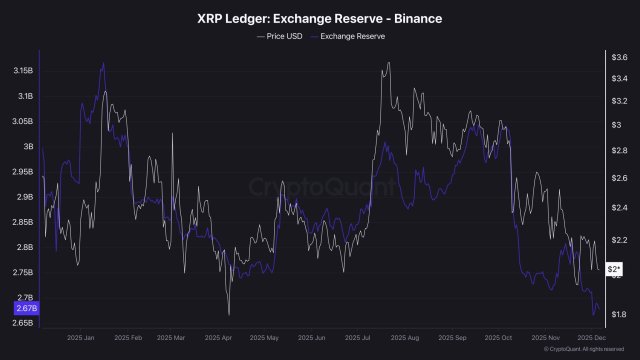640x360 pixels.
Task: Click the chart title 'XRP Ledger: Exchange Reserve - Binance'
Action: pyautogui.click(x=320, y=17)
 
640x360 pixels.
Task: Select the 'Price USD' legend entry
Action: pyautogui.click(x=282, y=35)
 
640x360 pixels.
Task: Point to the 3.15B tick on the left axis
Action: pyautogui.click(x=22, y=71)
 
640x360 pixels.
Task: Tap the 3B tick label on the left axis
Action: pyautogui.click(x=27, y=146)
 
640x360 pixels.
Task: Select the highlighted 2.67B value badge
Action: pyautogui.click(x=25, y=310)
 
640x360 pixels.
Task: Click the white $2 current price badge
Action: pyautogui.click(x=616, y=270)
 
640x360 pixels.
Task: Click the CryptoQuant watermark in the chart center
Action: pyautogui.click(x=320, y=185)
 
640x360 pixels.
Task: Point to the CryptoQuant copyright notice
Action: pyautogui.click(x=590, y=350)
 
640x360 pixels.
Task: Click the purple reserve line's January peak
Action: pyautogui.click(x=103, y=63)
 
